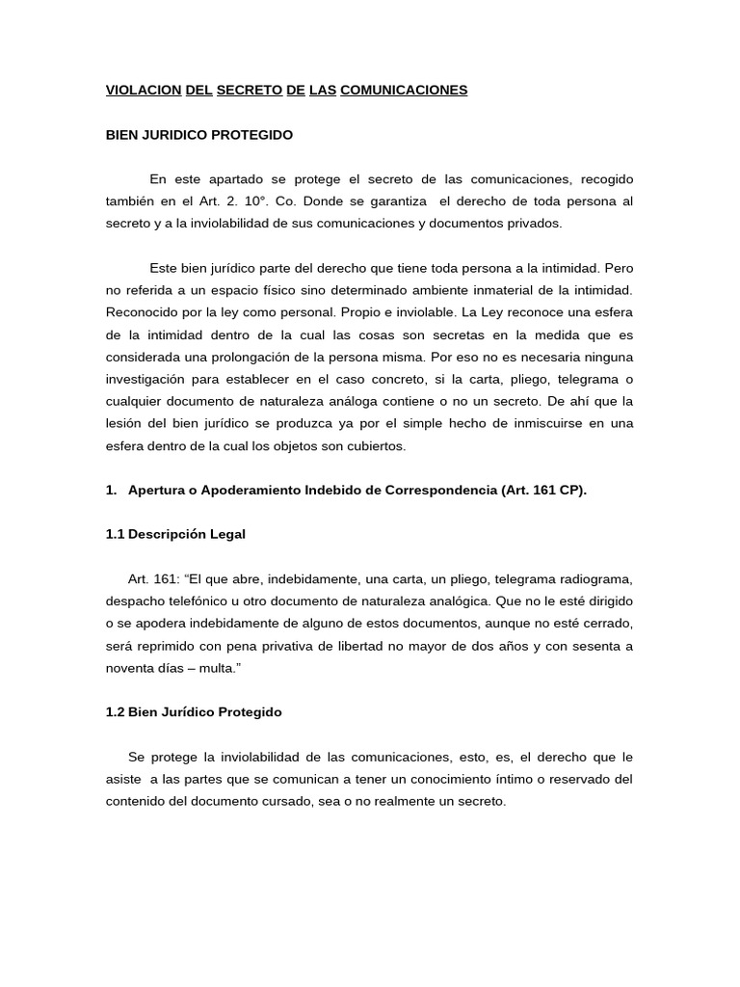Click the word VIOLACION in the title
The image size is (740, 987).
click(x=143, y=90)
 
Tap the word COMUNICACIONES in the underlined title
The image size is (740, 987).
click(x=404, y=90)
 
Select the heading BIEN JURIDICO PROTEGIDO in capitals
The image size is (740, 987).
click(x=198, y=135)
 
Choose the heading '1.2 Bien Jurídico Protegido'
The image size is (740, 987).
click(x=194, y=711)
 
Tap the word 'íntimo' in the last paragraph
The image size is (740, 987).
click(x=498, y=778)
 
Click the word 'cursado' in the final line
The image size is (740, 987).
click(x=272, y=800)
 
